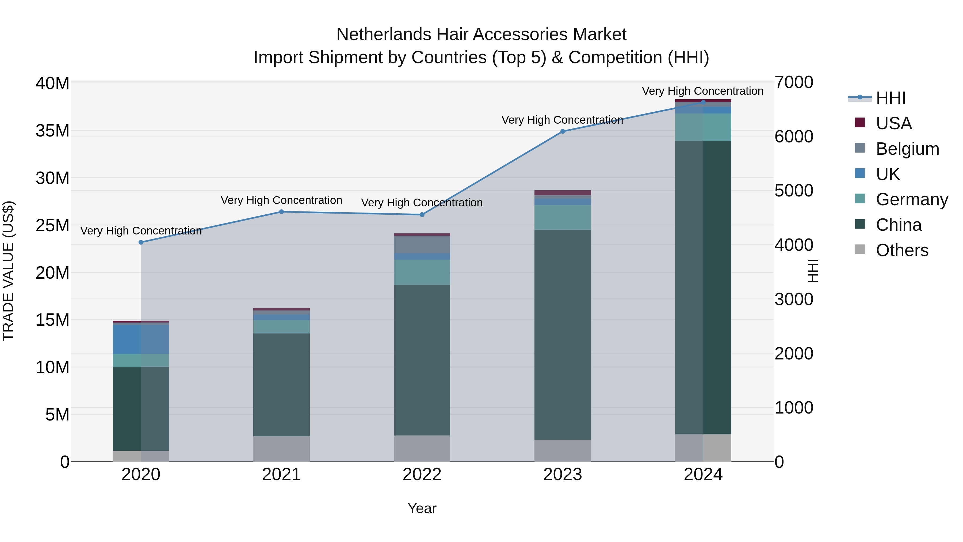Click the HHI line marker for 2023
(563, 131)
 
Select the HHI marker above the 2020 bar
(141, 242)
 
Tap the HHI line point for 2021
(281, 212)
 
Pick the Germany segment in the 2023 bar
(563, 217)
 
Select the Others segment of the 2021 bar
(281, 449)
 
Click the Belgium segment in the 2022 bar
(422, 244)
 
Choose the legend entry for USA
(893, 123)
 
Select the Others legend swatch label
(902, 250)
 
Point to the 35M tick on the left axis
(52, 131)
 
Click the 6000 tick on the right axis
(794, 137)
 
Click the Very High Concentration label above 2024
(702, 91)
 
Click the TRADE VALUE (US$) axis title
(8, 271)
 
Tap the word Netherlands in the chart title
(384, 35)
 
